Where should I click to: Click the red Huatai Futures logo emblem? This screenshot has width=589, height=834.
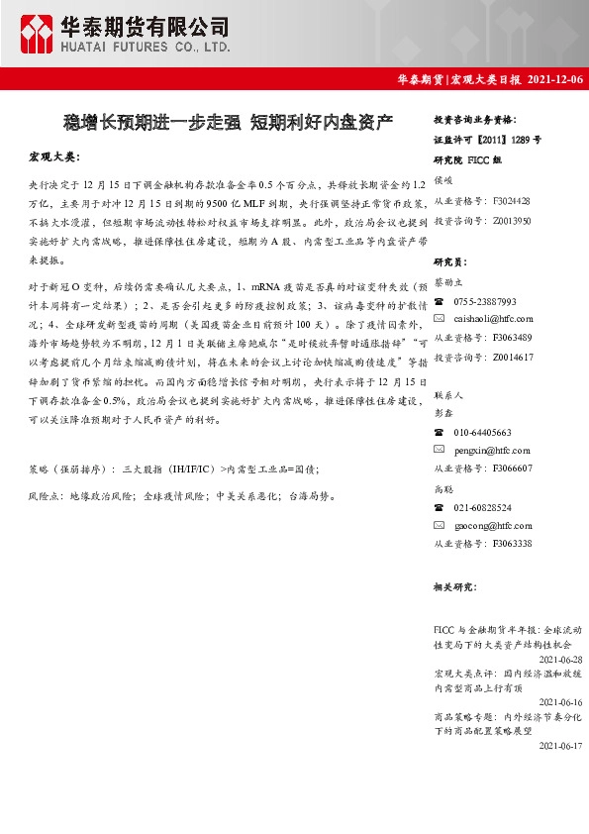pos(38,33)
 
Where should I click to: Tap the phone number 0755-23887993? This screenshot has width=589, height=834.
pos(485,301)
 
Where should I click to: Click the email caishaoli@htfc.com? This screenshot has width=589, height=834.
pos(493,318)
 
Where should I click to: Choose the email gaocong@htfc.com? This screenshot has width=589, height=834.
pos(492,524)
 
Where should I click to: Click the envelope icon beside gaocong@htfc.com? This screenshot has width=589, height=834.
pos(440,524)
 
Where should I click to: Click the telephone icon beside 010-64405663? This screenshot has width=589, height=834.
pos(440,433)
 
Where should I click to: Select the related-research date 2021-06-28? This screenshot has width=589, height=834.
pos(560,658)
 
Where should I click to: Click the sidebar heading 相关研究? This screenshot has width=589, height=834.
pos(454,587)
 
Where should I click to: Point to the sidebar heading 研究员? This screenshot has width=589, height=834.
pos(449,262)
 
